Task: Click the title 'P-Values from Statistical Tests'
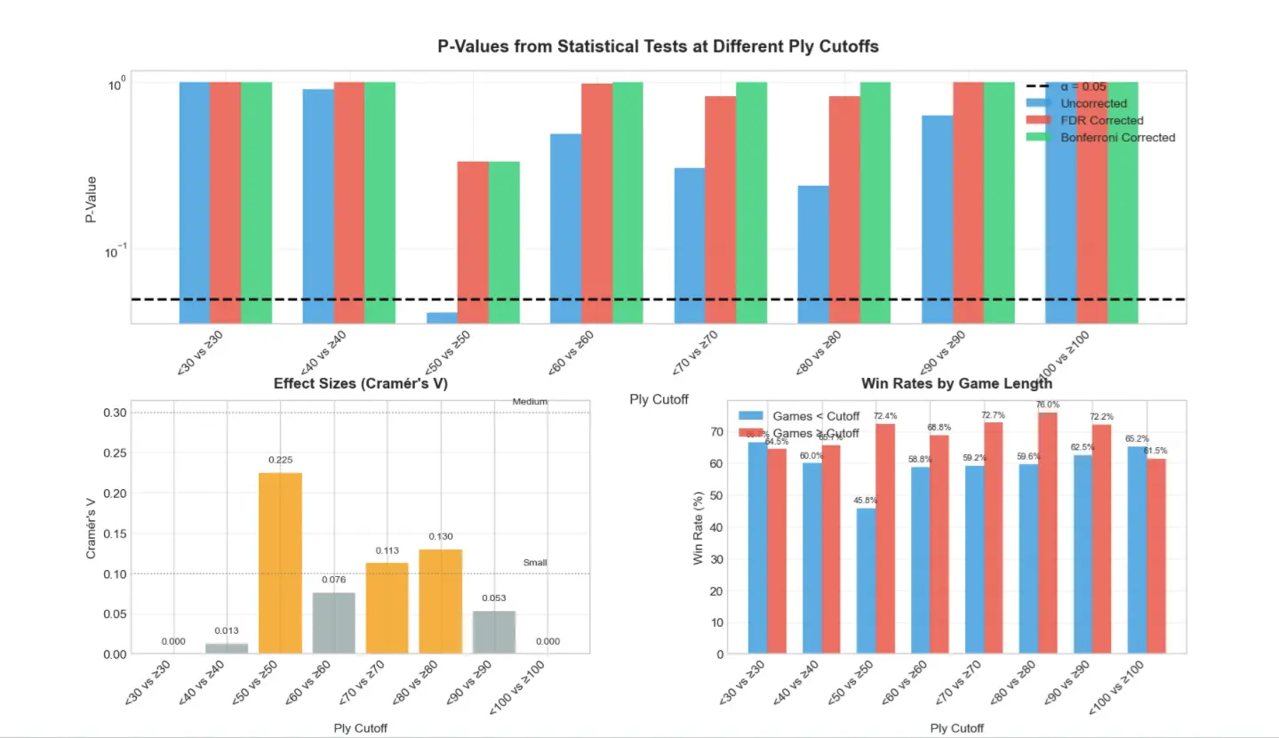click(x=658, y=46)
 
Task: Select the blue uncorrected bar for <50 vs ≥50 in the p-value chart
click(x=442, y=317)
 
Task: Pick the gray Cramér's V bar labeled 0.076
click(x=334, y=623)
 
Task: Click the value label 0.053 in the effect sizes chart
click(x=494, y=598)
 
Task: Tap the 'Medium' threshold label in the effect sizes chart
click(x=530, y=402)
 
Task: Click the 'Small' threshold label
click(x=535, y=563)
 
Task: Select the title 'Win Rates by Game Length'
click(x=956, y=383)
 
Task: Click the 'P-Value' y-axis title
click(x=92, y=197)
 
